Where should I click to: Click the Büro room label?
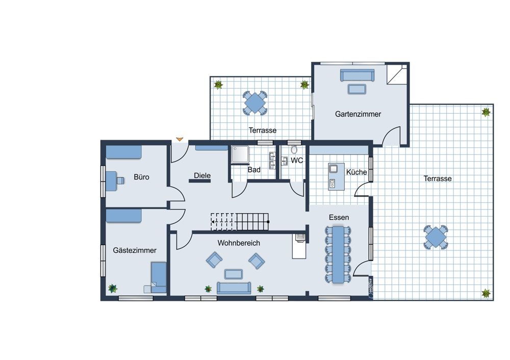coord(141,177)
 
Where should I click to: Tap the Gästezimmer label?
coord(135,250)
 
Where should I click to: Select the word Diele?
coord(202,175)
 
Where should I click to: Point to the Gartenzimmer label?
coord(358,114)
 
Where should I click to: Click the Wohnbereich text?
coord(239,243)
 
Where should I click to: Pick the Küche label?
coord(356,172)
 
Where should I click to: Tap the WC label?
coord(297,160)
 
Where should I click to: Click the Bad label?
coord(254,170)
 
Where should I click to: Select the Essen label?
coord(339,217)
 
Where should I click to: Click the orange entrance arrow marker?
coord(180,139)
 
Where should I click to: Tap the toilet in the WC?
coord(294,149)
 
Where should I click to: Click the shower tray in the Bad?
coord(240,154)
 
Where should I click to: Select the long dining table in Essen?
coord(338,254)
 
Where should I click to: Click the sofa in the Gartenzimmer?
coord(357,75)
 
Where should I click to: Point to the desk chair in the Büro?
coord(120,180)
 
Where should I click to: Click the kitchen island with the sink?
coord(336,176)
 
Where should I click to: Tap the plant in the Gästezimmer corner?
coord(113,288)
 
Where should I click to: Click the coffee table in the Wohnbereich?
coord(234,274)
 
